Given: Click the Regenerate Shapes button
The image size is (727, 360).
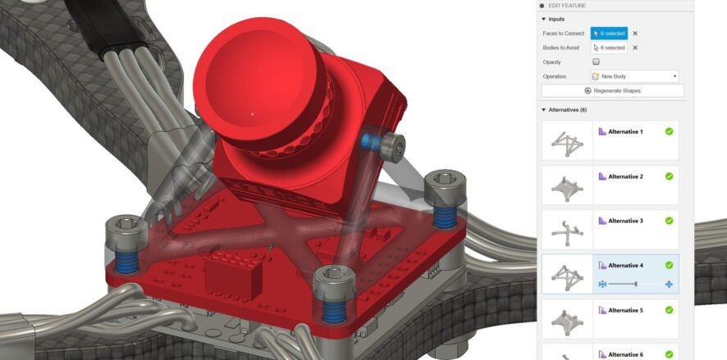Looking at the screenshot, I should [x=612, y=90].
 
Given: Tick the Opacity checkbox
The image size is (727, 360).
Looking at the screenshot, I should [x=596, y=62].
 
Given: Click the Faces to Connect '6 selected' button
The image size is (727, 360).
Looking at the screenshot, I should [x=609, y=34].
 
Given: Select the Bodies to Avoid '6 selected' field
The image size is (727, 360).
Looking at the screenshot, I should [x=609, y=48].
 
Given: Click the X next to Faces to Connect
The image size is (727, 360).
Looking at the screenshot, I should [x=635, y=34].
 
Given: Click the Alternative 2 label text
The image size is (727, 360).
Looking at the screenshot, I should [x=625, y=176].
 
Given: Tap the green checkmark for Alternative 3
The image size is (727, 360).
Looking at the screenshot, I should [x=670, y=221].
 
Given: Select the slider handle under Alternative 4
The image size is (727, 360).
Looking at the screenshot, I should [x=635, y=284].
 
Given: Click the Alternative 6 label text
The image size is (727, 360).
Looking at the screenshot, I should [x=625, y=353].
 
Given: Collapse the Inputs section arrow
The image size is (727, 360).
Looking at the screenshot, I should [x=543, y=19].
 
